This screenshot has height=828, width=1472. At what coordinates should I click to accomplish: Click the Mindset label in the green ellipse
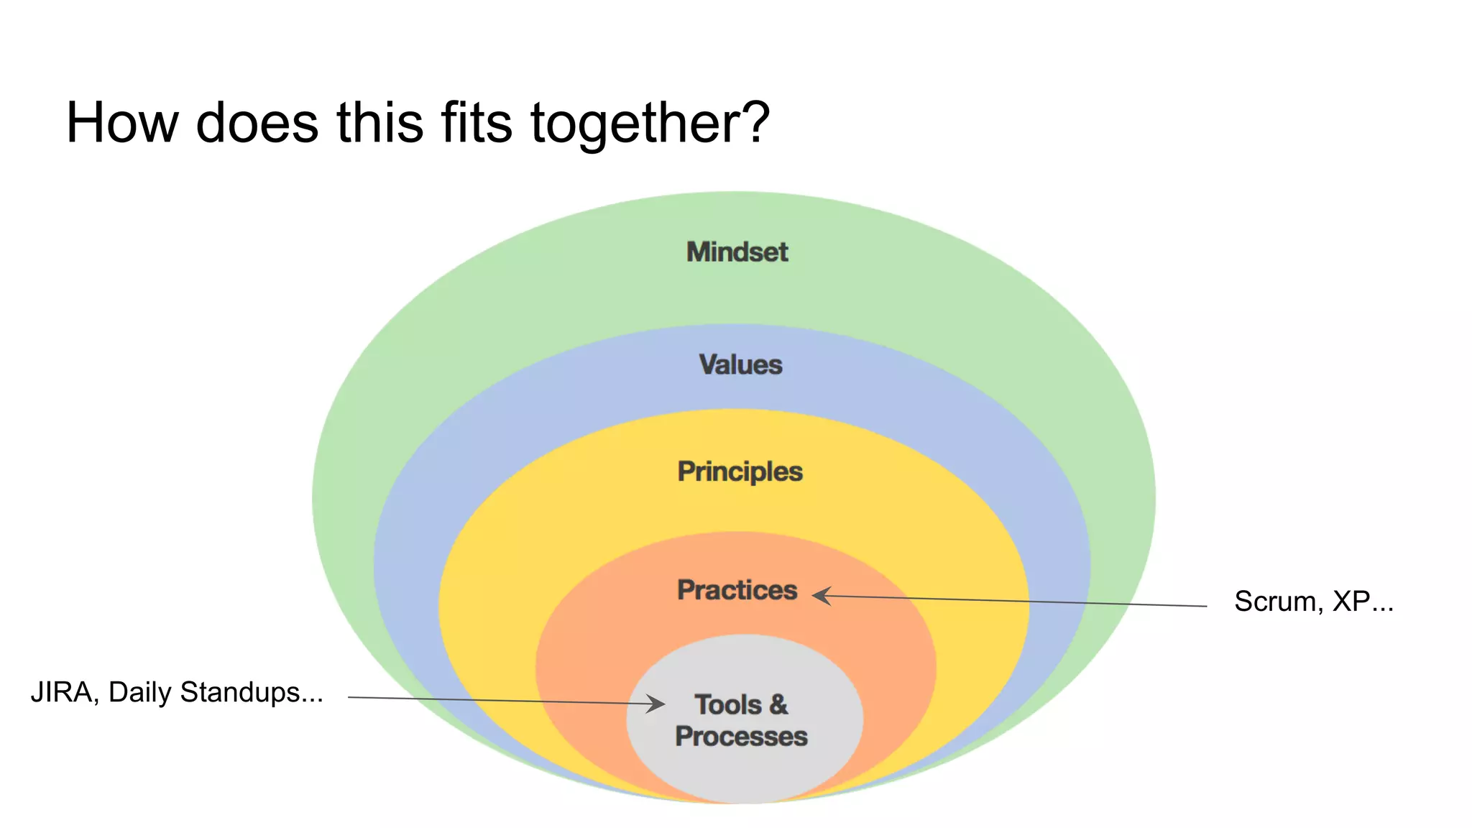point(737,252)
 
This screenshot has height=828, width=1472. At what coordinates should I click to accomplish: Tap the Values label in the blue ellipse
point(740,364)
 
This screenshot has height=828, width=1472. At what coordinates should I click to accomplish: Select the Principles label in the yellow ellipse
point(740,471)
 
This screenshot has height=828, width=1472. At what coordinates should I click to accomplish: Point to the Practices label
point(737,590)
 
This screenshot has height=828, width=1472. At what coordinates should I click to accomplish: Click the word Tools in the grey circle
point(727,704)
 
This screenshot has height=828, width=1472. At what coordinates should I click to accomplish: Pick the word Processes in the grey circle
point(741,737)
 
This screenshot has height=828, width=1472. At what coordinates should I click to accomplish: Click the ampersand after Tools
point(778,704)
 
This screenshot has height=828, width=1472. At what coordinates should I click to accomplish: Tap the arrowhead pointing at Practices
point(822,595)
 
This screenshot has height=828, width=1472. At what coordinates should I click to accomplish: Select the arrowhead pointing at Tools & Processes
point(655,703)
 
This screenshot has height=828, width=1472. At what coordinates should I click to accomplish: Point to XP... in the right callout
point(1363,602)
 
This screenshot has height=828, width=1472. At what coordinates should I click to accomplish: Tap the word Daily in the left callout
point(139,693)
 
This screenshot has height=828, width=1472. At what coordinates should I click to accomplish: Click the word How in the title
point(122,123)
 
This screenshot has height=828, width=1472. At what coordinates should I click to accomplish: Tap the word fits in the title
point(477,123)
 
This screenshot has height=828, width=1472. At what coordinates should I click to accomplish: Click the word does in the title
point(257,123)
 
